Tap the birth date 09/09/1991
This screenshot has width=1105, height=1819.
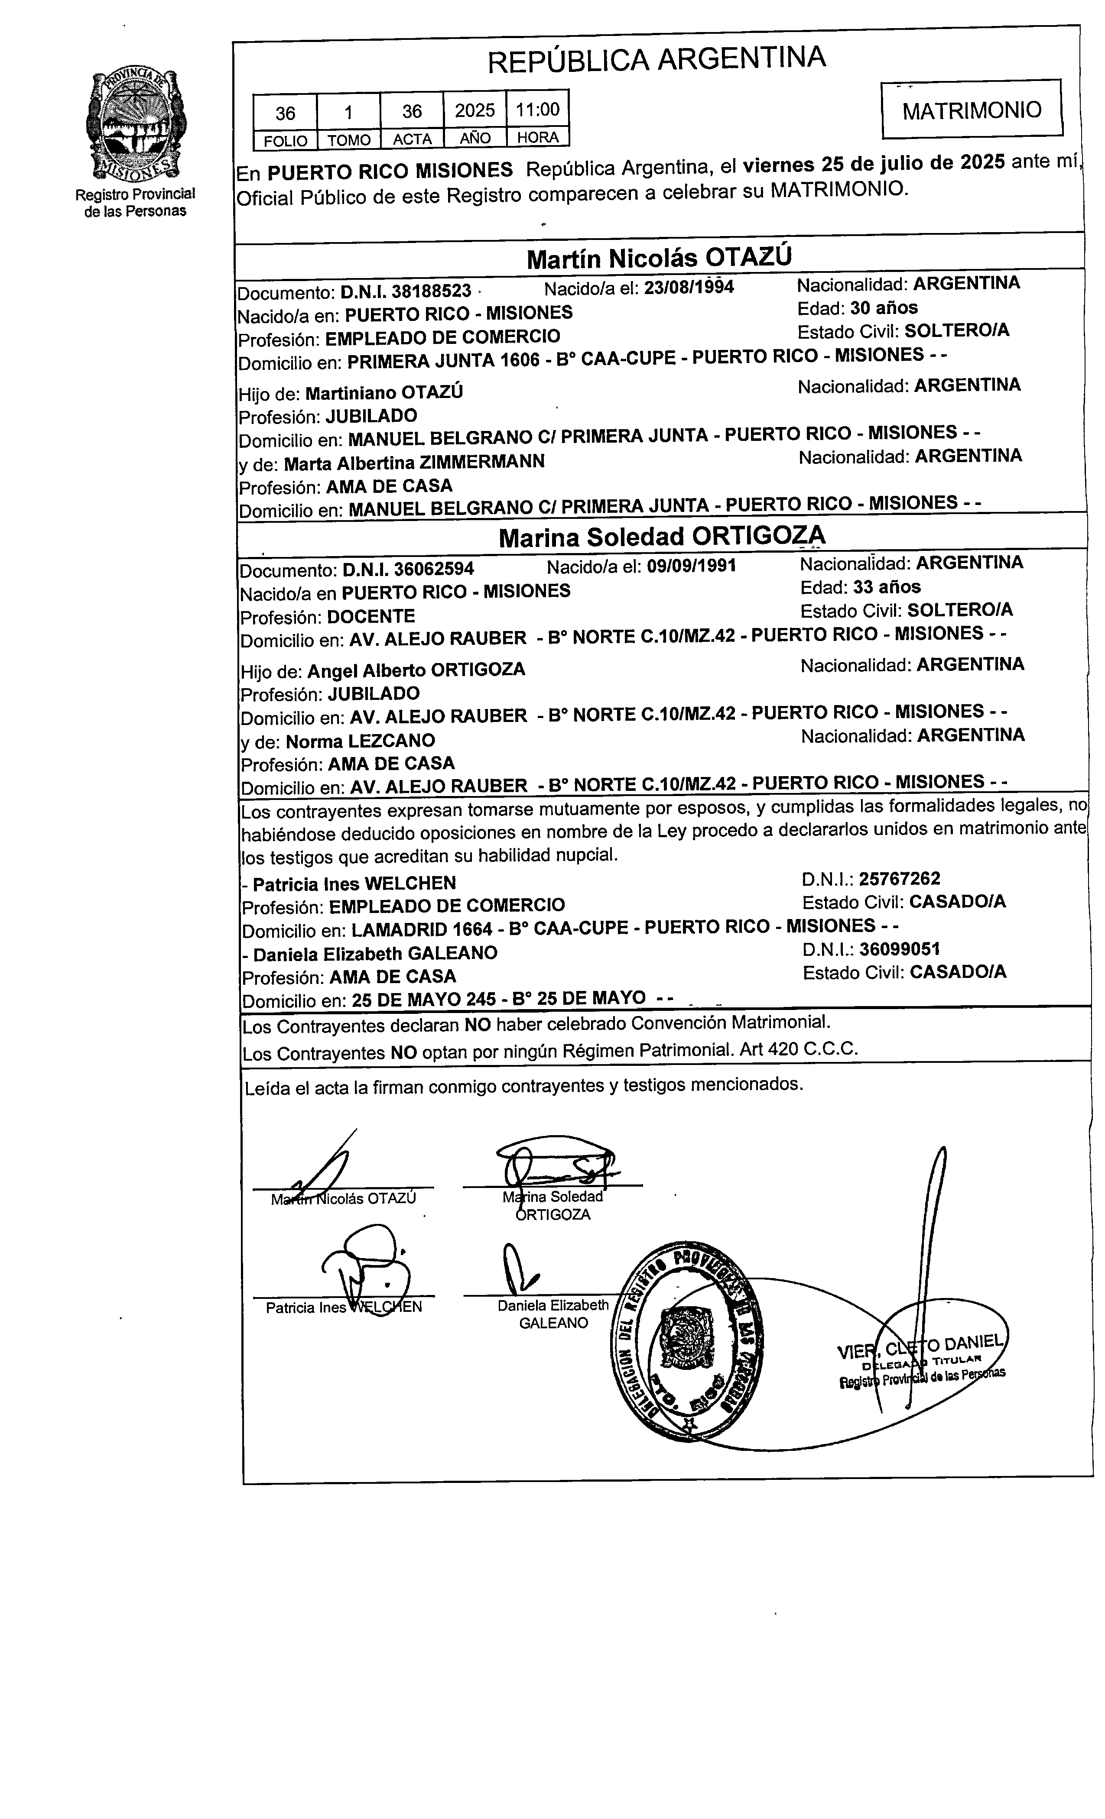click(x=691, y=566)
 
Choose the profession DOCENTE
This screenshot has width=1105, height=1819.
click(x=371, y=616)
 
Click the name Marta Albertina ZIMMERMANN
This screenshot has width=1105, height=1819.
click(x=414, y=462)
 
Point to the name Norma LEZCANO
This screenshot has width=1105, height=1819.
click(x=361, y=741)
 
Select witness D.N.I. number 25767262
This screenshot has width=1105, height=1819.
click(x=899, y=878)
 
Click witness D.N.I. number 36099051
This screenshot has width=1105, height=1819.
click(x=899, y=949)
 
